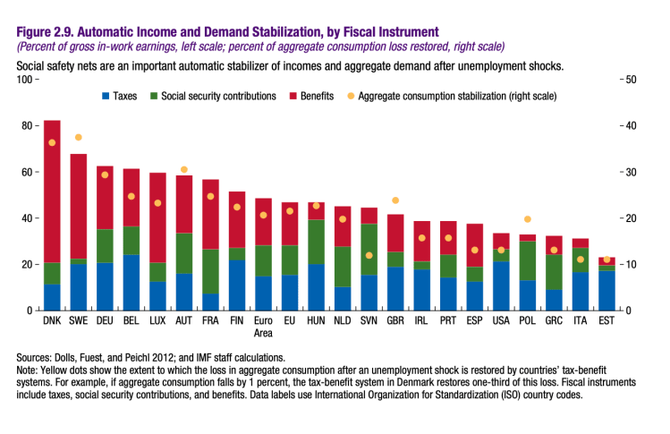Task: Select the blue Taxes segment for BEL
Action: (x=131, y=283)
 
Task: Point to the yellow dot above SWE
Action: (x=79, y=137)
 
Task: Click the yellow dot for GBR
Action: (x=394, y=200)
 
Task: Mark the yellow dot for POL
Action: (x=527, y=219)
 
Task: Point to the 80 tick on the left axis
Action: (x=24, y=125)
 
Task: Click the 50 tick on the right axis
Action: (x=630, y=80)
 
